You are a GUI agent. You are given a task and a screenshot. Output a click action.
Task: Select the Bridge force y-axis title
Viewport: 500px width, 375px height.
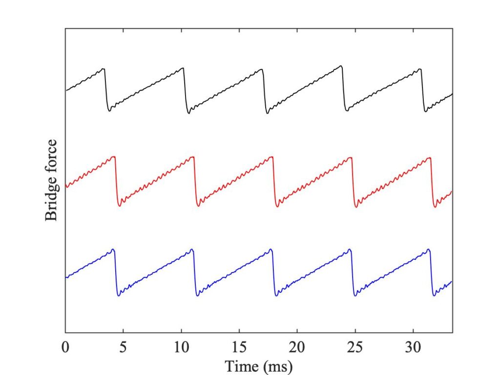tap(51, 180)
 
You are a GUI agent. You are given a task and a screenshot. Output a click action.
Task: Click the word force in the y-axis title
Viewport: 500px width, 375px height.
tap(51, 157)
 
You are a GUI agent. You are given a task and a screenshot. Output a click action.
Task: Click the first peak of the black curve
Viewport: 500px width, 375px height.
tap(103, 68)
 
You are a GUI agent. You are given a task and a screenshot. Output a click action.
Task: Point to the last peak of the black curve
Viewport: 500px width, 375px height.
tap(419, 69)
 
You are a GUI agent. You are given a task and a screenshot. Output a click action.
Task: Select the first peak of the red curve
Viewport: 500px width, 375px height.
tap(114, 156)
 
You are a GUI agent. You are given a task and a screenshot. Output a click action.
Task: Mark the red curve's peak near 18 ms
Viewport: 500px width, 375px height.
tap(271, 157)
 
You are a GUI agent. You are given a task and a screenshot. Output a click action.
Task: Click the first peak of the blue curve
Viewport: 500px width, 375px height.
tap(113, 249)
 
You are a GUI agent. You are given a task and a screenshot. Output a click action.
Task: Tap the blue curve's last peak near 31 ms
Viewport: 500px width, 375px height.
tap(429, 249)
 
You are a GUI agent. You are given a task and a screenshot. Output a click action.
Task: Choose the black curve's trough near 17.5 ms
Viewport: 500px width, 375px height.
tap(267, 113)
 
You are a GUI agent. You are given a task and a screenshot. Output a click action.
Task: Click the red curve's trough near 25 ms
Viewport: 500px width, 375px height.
tap(356, 207)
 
